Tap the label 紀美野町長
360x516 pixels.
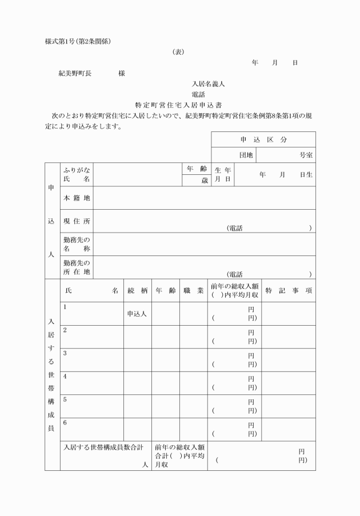pos(75,73)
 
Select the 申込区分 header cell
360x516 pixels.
pos(263,140)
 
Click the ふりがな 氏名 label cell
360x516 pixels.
pos(77,174)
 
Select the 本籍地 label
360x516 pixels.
pos(77,198)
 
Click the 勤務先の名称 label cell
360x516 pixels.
pos(77,244)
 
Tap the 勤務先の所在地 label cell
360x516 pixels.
pos(77,267)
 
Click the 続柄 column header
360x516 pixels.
pos(138,291)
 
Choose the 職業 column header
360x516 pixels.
pos(193,291)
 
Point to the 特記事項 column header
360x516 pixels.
pos(289,291)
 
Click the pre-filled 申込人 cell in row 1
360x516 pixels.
pos(137,314)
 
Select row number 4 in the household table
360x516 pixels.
pos(65,377)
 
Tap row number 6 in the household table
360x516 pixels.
pos(65,423)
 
